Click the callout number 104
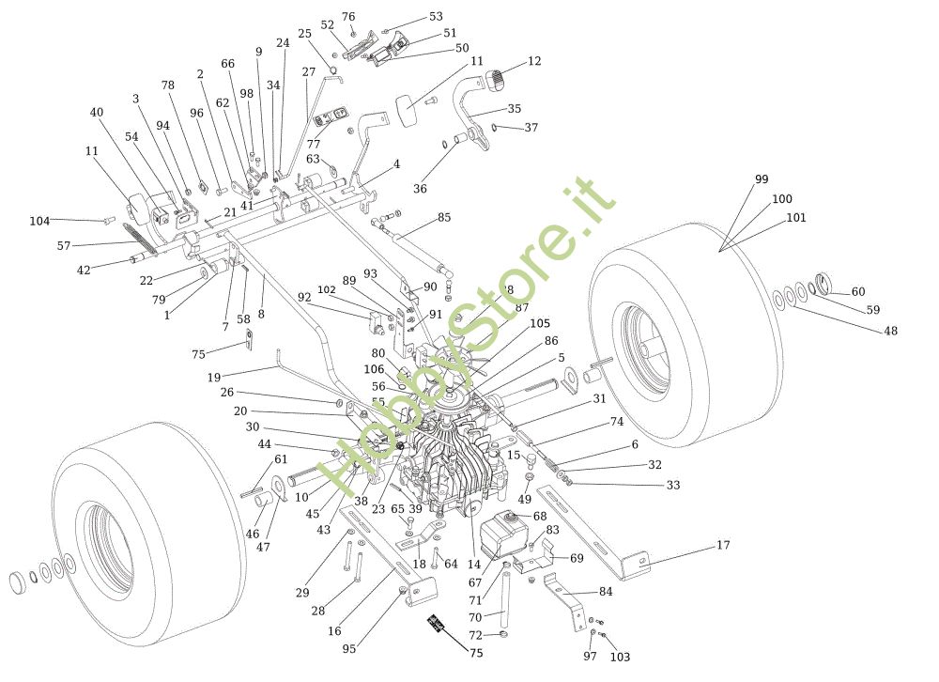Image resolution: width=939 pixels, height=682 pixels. (x=38, y=221)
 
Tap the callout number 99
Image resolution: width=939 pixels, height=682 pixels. (x=761, y=179)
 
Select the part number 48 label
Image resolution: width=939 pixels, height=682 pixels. (x=890, y=331)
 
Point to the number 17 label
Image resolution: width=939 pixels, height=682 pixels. (x=722, y=545)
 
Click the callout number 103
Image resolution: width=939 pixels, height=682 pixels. (x=620, y=657)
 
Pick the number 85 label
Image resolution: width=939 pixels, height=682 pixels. (x=444, y=218)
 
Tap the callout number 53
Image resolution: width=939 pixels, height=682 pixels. (x=436, y=17)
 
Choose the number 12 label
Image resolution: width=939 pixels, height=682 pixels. (x=534, y=61)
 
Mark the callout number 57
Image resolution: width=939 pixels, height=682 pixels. (x=64, y=245)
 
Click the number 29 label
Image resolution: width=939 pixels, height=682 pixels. (x=302, y=593)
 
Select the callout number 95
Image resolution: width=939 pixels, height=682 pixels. (x=349, y=648)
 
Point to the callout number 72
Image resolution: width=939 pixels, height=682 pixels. (x=476, y=636)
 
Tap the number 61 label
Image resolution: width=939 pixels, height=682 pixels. (x=281, y=458)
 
